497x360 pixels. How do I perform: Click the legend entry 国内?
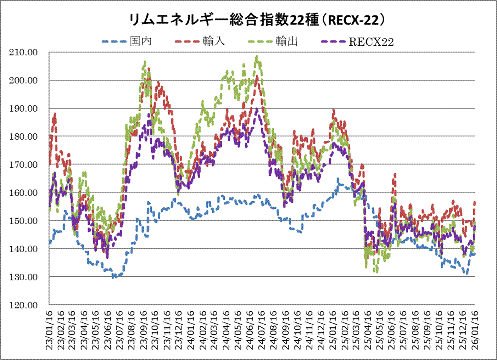[141, 41]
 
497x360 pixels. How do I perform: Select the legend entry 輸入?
[214, 41]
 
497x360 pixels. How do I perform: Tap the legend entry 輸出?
[287, 41]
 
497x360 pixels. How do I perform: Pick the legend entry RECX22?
[371, 42]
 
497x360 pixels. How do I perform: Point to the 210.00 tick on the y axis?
[24, 52]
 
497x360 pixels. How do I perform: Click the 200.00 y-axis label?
[24, 80]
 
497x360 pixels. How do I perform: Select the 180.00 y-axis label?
[24, 136]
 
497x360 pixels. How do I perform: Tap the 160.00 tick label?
[24, 193]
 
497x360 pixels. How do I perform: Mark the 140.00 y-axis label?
[24, 249]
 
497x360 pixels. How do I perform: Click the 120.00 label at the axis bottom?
[24, 305]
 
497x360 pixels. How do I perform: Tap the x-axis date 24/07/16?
[262, 330]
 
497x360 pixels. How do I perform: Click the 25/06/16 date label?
[392, 330]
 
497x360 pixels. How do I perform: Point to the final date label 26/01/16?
[475, 330]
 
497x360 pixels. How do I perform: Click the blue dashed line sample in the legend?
[114, 41]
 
